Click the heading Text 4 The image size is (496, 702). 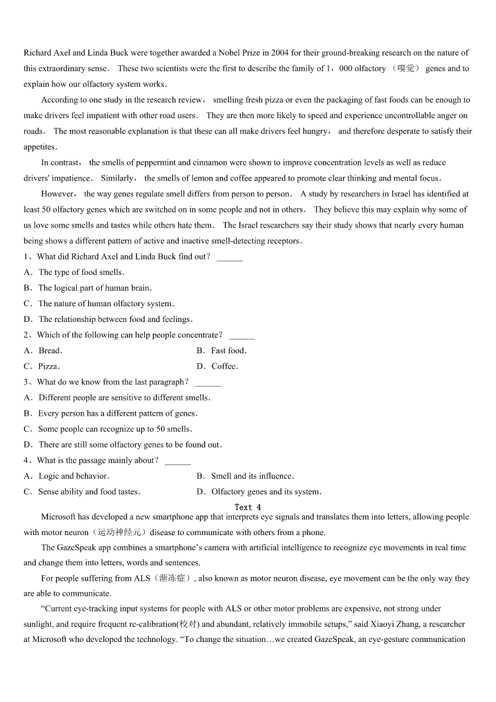[x=248, y=507]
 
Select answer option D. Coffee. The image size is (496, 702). [x=217, y=366]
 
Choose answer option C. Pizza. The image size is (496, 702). [x=42, y=366]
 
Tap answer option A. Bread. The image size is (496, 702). [x=43, y=351]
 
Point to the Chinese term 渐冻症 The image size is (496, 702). [x=172, y=579]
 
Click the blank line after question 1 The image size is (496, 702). [x=229, y=257]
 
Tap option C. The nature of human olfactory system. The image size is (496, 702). [x=99, y=304]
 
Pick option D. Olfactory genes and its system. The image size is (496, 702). [x=259, y=492]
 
